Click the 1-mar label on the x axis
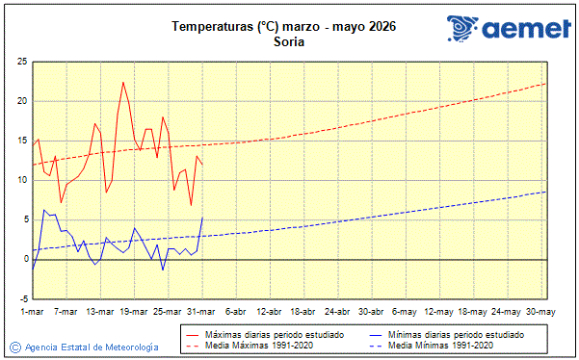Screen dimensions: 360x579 [x=34, y=312]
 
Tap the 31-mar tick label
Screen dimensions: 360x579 [x=202, y=312]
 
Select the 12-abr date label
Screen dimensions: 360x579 [x=270, y=312]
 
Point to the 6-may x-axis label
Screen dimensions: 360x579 [x=405, y=312]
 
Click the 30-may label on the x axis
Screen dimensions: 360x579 [x=540, y=312]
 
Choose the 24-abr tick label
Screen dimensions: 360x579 [x=337, y=312]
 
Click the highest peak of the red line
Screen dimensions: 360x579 [x=123, y=83]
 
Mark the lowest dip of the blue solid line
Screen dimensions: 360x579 [x=163, y=270]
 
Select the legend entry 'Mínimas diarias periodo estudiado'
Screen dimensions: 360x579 [x=461, y=333]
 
